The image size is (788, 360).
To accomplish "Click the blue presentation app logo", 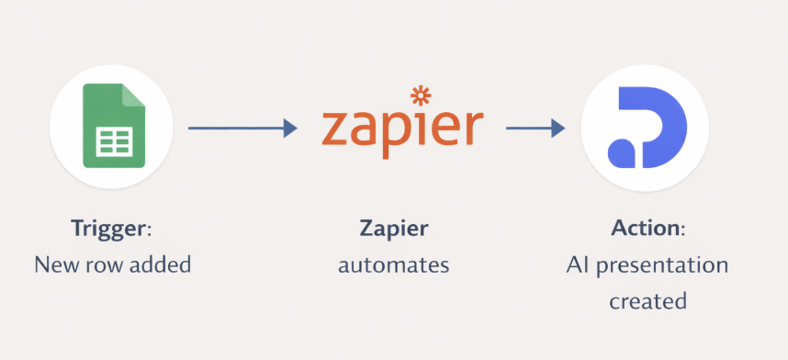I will pyautogui.click(x=647, y=128).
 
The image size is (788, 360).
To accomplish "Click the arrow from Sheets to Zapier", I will pyautogui.click(x=242, y=129).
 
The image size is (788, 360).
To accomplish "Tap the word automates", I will pyautogui.click(x=393, y=265).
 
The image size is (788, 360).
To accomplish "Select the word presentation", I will pyautogui.click(x=664, y=265).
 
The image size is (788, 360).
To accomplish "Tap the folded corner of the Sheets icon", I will pyautogui.click(x=133, y=94).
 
